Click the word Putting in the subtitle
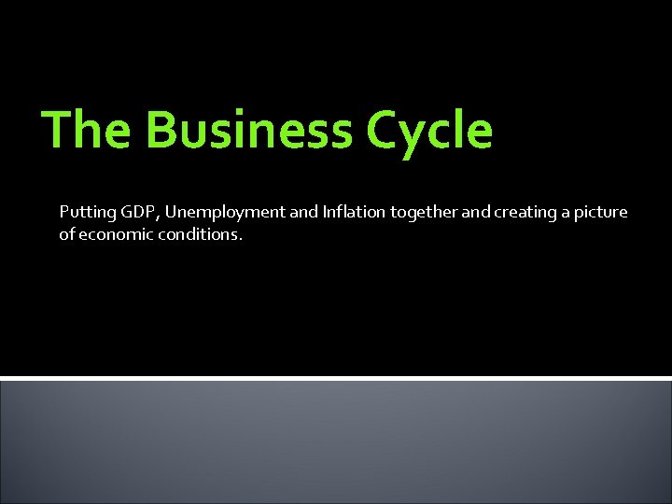coord(85,213)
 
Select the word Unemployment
coord(226,213)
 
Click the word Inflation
coord(354,212)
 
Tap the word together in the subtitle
coord(425,213)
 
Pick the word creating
coord(525,213)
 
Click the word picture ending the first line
coord(600,213)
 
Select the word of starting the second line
coord(66,234)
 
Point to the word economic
coord(112,234)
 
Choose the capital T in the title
coord(59,129)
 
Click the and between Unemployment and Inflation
coord(304,212)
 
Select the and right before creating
coord(475,212)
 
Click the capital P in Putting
coord(63,212)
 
